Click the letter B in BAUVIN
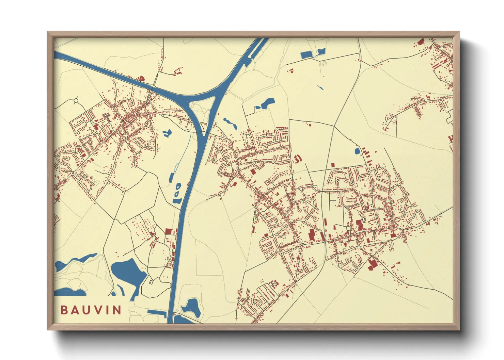(x=64, y=310)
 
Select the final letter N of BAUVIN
(x=117, y=310)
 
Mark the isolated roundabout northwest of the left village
(x=75, y=101)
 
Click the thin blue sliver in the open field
(x=320, y=87)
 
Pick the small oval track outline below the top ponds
(x=323, y=63)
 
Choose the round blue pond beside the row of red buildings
(x=357, y=151)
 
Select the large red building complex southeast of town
(x=372, y=264)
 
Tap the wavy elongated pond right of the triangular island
(x=230, y=123)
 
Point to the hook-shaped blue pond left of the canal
(x=167, y=133)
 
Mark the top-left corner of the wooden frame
(x=48, y=32)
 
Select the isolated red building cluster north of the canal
(x=177, y=71)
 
